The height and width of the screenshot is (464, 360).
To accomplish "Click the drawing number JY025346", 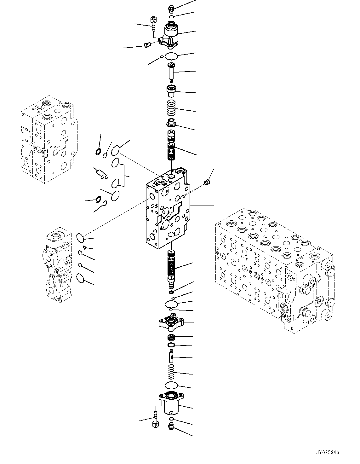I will (328, 453).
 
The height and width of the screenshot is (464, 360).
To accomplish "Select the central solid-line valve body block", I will (167, 211).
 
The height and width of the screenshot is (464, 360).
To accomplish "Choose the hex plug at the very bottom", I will (171, 427).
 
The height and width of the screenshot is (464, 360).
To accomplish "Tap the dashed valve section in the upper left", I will (47, 139).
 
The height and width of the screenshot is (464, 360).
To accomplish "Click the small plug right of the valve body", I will (207, 183).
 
